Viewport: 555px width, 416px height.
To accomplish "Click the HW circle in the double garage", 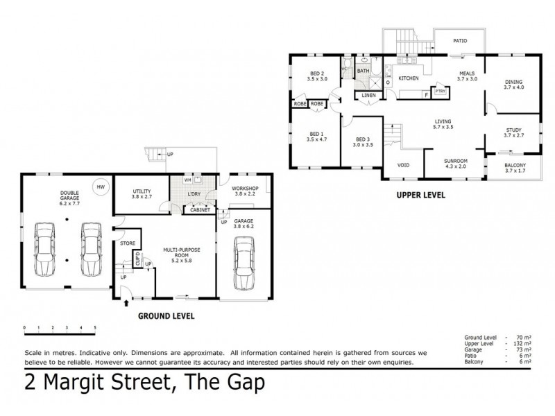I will click(101, 187).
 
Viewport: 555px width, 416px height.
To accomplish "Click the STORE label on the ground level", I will click(127, 243).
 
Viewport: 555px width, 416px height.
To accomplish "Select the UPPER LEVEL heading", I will click(420, 196).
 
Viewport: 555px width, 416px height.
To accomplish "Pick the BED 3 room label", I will click(363, 142).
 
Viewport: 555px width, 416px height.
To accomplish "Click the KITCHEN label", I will click(408, 78).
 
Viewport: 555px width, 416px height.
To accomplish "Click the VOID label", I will click(402, 165).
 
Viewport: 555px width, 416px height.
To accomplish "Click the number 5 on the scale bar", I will click(95, 327).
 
